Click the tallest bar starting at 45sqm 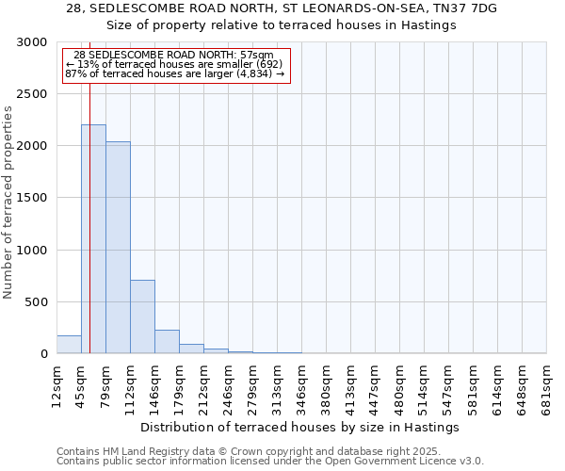point(93,239)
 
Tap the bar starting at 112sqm point(142,317)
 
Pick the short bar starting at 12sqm point(69,345)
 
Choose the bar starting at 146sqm point(167,342)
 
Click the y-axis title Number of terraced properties point(8,202)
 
